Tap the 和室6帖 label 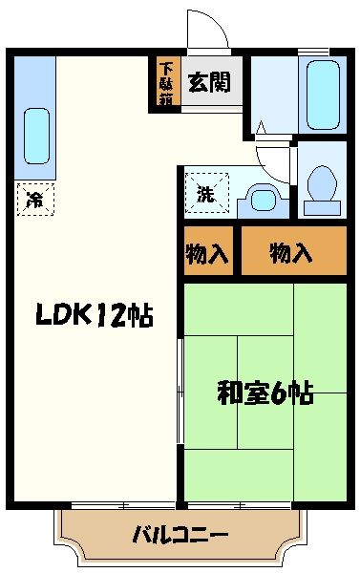(265, 393)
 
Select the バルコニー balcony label (180, 533)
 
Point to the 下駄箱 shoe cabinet (166, 84)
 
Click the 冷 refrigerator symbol (35, 200)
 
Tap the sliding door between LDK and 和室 (180, 392)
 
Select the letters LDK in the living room (63, 314)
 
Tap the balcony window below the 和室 (239, 503)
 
